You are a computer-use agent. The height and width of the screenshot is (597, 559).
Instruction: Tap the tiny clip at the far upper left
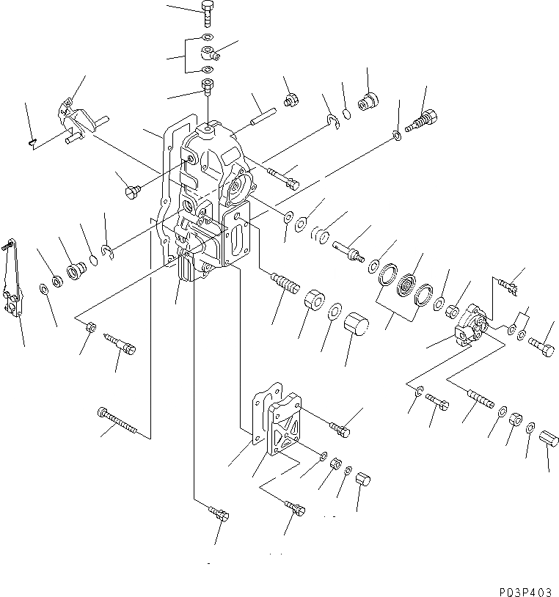point(29,143)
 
